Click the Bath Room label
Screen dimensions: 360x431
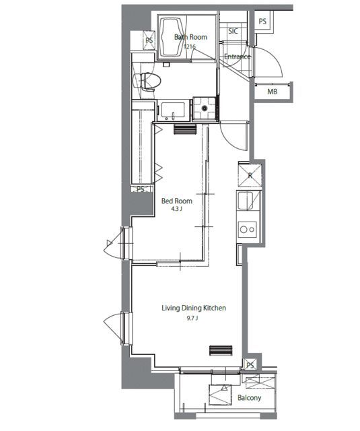coord(191,37)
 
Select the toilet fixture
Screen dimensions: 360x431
coord(147,81)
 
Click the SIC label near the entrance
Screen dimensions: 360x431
coord(233,31)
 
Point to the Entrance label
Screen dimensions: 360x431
coord(238,57)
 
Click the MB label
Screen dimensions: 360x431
coord(272,92)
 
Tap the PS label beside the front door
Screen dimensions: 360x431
coord(262,21)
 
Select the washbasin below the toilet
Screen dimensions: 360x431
coord(173,110)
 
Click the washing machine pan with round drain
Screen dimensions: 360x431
coord(205,108)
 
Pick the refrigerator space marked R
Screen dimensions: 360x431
coord(250,175)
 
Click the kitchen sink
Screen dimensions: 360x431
coord(245,201)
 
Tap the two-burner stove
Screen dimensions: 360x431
coord(248,229)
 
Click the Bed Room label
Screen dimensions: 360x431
coord(177,201)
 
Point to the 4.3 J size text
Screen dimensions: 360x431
coord(177,209)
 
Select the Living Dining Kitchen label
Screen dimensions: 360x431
coord(194,308)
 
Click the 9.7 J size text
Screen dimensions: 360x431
coord(192,319)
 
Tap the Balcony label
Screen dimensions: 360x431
coord(250,398)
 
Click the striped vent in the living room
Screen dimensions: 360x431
coord(221,350)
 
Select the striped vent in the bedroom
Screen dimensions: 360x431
coord(185,129)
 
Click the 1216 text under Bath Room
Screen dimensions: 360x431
coord(190,46)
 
